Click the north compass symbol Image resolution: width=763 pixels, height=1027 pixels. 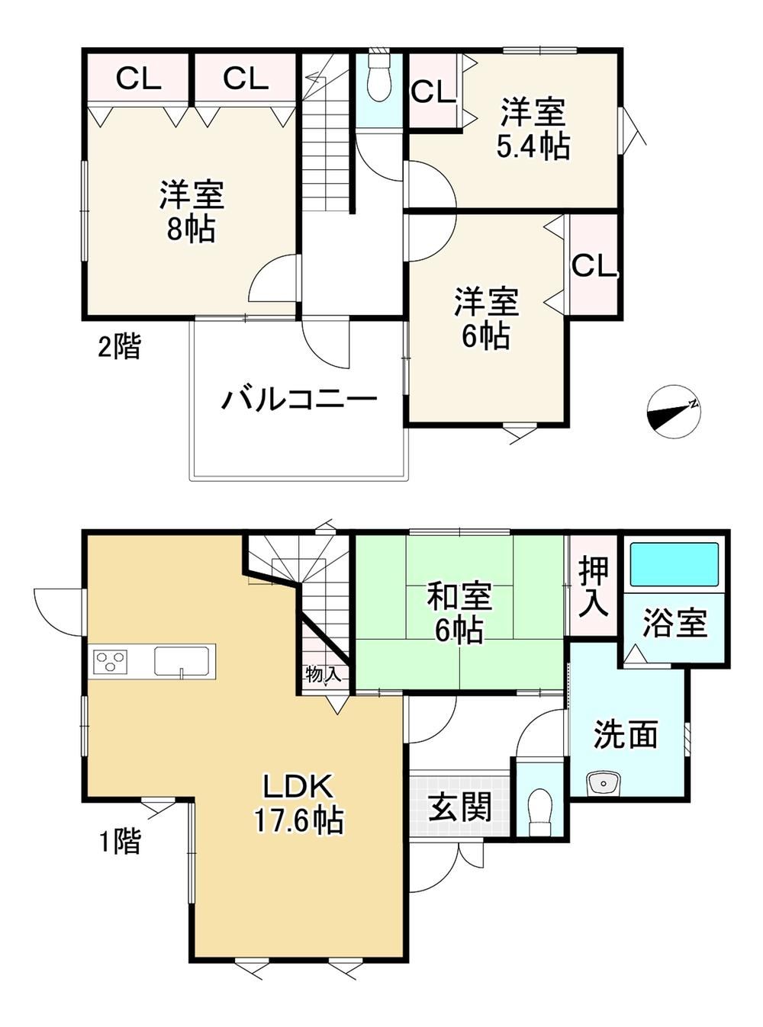click(x=673, y=411)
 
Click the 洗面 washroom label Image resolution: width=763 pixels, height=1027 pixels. click(x=626, y=735)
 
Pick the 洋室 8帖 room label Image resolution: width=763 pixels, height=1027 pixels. click(x=192, y=211)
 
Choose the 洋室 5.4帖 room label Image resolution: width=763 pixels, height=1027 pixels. click(x=533, y=129)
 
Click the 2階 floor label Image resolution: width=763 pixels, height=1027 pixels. click(x=119, y=346)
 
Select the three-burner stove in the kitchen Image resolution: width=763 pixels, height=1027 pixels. click(x=111, y=662)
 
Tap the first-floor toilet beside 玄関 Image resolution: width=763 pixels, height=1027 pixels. click(x=540, y=813)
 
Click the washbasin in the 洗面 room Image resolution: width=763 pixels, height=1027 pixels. click(x=603, y=782)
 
